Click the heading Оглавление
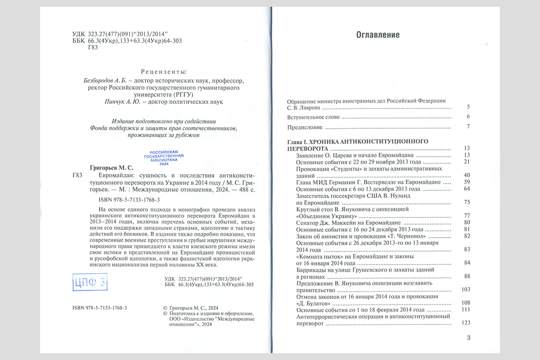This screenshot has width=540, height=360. point(378,35)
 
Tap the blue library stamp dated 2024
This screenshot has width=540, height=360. point(164,158)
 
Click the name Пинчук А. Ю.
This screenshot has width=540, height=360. point(118,102)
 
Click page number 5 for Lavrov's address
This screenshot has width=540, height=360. point(468,108)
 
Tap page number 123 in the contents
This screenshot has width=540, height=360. point(466,323)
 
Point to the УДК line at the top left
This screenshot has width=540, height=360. point(120,34)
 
